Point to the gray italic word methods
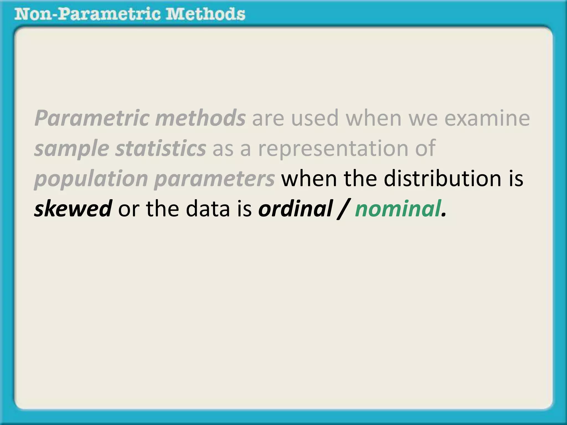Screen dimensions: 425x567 (x=200, y=118)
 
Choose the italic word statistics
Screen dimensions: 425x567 (x=161, y=148)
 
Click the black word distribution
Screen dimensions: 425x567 (x=442, y=178)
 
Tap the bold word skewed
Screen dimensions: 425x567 (x=73, y=209)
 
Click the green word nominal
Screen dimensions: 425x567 (x=398, y=209)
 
